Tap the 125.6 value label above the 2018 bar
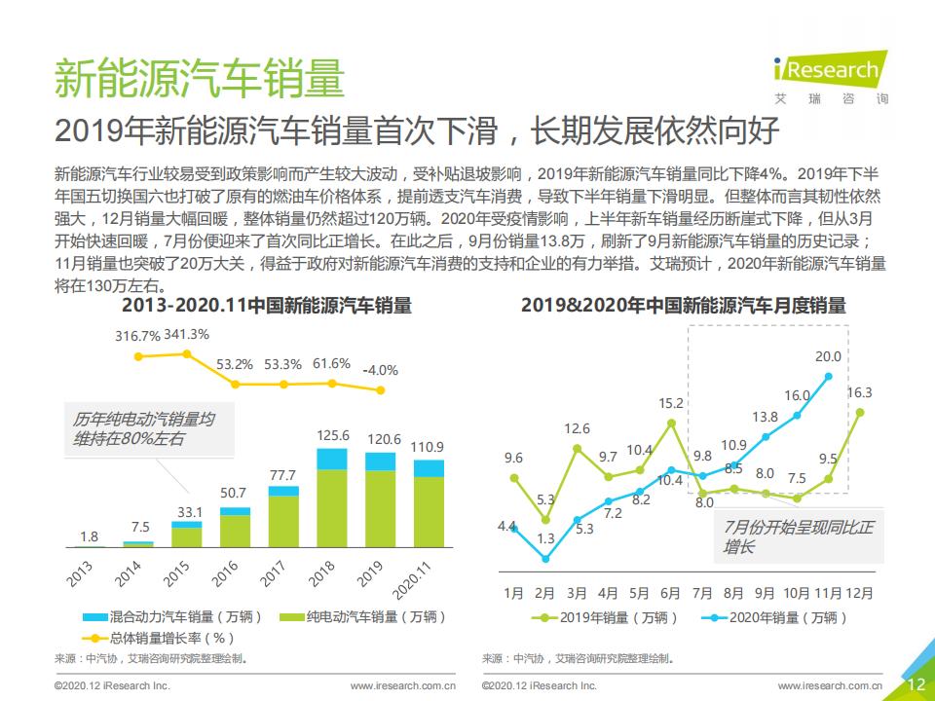333,435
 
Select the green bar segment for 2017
283,522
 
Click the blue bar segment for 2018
333,459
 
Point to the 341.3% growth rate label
186,334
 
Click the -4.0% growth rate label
380,370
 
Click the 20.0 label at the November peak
828,357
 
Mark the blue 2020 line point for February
545,559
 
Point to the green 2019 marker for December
860,412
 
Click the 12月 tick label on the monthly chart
859,592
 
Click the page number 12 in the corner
916,683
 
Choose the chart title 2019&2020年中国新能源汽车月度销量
683,306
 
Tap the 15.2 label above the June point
671,403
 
